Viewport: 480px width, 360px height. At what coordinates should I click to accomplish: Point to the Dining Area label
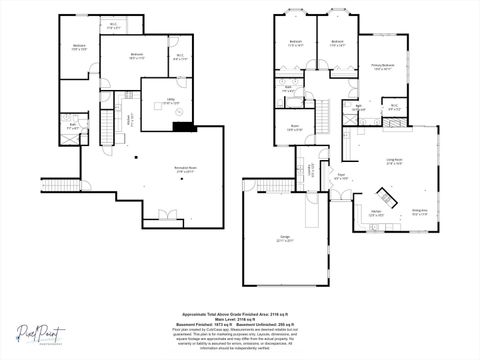click(420, 211)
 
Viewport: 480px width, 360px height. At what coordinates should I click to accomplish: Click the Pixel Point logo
click(41, 333)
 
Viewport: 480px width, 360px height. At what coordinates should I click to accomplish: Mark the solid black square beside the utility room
click(182, 125)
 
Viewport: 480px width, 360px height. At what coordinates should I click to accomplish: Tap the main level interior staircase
click(324, 115)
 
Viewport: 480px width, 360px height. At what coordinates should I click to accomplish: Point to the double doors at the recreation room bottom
click(162, 213)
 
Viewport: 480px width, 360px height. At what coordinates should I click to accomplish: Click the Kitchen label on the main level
click(377, 213)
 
